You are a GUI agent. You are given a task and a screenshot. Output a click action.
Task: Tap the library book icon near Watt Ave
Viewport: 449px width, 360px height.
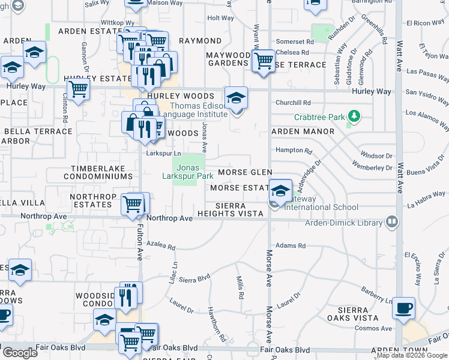click(x=393, y=223)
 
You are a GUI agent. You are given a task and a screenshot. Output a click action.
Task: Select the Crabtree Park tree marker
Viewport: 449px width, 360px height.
click(x=354, y=116)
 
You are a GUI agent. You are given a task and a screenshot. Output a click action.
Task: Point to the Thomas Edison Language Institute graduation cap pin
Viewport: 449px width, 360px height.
click(x=236, y=97)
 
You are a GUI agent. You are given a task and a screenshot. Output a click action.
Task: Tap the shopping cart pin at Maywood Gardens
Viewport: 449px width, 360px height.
click(x=264, y=61)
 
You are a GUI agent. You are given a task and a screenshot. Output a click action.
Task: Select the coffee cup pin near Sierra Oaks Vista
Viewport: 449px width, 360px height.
click(x=403, y=308)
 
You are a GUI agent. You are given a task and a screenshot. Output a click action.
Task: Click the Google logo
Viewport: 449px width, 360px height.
click(x=19, y=353)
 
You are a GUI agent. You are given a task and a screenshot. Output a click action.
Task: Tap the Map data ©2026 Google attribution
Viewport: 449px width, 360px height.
click(x=412, y=355)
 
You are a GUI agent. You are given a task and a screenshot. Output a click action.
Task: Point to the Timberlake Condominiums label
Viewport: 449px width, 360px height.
click(x=101, y=173)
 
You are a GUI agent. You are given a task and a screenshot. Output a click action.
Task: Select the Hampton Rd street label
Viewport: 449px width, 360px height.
click(x=294, y=151)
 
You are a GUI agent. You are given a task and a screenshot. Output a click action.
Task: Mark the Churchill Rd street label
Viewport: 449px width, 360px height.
click(x=293, y=103)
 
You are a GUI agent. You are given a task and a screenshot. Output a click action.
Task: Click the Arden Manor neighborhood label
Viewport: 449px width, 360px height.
click(x=303, y=131)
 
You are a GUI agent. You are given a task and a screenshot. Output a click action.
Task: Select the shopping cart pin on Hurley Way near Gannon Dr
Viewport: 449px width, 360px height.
click(x=78, y=89)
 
